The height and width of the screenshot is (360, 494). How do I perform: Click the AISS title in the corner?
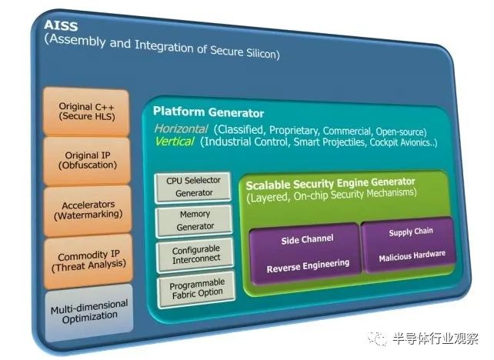point(61,25)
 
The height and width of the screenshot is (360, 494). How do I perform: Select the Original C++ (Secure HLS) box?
point(86,112)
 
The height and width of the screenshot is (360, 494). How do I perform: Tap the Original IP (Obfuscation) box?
point(87,161)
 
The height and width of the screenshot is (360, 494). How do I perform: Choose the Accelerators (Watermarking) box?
point(88,210)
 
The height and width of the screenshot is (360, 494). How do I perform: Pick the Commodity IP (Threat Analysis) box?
point(88,262)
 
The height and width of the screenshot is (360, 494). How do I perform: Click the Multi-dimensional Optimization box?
point(89,312)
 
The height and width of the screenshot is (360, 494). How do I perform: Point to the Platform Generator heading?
point(209,112)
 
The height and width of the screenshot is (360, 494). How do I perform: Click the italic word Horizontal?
point(181,128)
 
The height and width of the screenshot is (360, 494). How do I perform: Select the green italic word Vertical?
point(175,142)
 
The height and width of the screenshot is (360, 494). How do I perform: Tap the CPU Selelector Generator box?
point(193,186)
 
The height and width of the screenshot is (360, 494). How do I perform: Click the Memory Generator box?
point(195,220)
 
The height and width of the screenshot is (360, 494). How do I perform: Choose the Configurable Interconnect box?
point(195,255)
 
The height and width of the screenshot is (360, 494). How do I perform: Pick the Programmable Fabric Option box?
point(196,288)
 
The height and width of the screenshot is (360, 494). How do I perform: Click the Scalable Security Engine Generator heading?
point(330,184)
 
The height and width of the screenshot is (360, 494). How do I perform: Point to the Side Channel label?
point(307,239)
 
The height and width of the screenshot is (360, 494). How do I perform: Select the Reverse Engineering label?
point(308,266)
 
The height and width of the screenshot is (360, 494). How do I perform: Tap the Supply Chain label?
point(411,232)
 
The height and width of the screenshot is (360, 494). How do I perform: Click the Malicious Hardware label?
point(412,256)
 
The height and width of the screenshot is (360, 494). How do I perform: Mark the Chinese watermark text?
point(436,339)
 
